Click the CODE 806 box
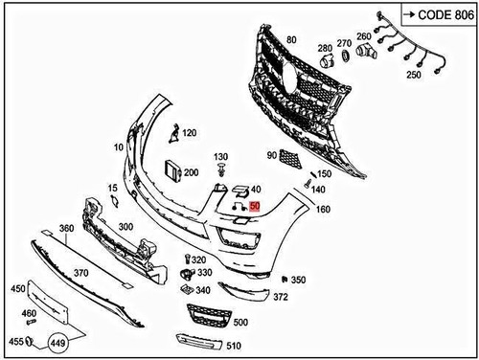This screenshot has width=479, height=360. pyautogui.click(x=438, y=14)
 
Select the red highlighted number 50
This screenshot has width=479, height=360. pyautogui.click(x=254, y=205)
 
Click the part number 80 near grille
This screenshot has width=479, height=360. pyautogui.click(x=291, y=40)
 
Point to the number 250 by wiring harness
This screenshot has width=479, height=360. pyautogui.click(x=415, y=75)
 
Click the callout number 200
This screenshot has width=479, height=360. pyautogui.click(x=191, y=172)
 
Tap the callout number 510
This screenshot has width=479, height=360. pyautogui.click(x=235, y=344)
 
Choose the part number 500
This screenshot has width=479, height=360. pyautogui.click(x=239, y=324)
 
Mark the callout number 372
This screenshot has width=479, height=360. pyautogui.click(x=280, y=297)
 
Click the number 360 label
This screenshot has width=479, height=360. pyautogui.click(x=66, y=228)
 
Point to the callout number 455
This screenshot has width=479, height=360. pyautogui.click(x=16, y=341)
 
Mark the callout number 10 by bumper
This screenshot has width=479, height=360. pyautogui.click(x=119, y=147)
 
